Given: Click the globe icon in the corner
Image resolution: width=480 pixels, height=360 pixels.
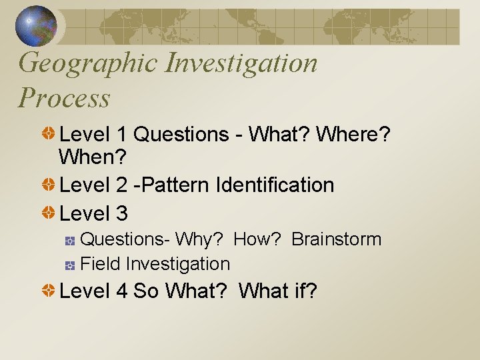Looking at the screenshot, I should [x=36, y=26].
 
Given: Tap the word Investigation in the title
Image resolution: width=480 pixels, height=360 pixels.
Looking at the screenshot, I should [x=242, y=63].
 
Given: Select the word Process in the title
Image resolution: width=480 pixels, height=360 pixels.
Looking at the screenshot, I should [x=64, y=98].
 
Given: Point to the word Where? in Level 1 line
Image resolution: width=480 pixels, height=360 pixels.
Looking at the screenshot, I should [x=353, y=135].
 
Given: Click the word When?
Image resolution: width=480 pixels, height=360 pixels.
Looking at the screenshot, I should [x=88, y=158].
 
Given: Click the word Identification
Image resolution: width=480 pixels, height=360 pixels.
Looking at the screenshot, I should [x=275, y=185].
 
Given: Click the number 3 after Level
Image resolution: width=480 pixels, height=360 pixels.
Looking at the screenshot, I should [x=121, y=214].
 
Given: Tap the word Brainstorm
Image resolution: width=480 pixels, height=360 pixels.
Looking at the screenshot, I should [x=337, y=239].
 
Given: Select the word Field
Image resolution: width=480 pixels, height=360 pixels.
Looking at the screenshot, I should [x=100, y=264].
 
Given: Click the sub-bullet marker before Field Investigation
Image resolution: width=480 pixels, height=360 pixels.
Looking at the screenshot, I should [x=70, y=265].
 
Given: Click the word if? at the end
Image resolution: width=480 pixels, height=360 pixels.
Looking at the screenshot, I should [x=304, y=291].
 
